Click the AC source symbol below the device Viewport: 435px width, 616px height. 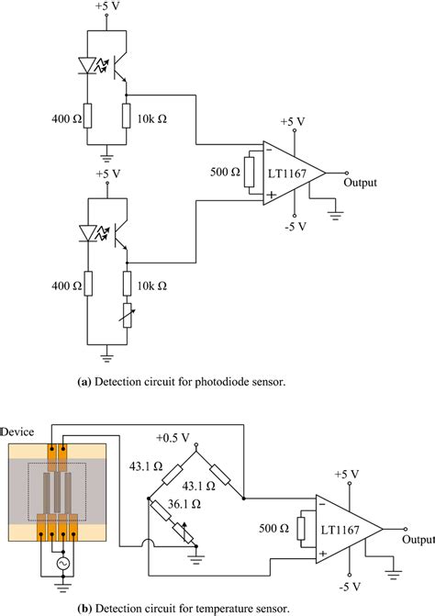pyautogui.click(x=62, y=559)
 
